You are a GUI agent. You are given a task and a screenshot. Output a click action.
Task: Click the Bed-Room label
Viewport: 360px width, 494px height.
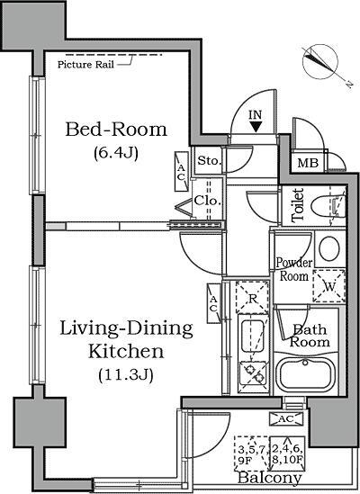click(x=116, y=130)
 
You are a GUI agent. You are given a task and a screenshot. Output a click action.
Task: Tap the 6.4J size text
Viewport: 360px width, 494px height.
click(x=116, y=154)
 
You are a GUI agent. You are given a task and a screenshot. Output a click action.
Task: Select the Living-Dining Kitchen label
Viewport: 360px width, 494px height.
click(x=126, y=339)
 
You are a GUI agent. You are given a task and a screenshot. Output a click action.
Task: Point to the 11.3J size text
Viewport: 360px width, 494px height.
click(x=126, y=375)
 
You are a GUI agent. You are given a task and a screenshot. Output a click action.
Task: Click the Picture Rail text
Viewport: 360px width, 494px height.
click(x=85, y=65)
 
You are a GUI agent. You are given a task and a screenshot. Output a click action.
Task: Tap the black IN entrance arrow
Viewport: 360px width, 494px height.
click(x=256, y=127)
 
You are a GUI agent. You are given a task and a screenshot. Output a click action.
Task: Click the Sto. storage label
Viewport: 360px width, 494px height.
click(x=209, y=161)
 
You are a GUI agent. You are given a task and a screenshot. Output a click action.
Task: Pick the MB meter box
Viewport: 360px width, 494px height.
click(x=308, y=163)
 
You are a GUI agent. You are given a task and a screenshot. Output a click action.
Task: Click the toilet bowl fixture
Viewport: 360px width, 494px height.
click(x=327, y=207)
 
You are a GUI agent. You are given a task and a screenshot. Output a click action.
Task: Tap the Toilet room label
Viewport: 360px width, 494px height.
click(x=298, y=205)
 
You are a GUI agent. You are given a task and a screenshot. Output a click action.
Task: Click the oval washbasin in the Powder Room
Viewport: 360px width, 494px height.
click(x=329, y=248)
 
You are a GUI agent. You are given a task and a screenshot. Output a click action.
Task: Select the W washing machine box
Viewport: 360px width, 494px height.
click(x=329, y=286)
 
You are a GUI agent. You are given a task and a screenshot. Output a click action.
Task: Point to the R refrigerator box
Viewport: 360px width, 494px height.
click(x=252, y=298)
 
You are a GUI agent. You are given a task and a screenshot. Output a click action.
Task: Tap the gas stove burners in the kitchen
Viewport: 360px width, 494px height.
click(x=253, y=373)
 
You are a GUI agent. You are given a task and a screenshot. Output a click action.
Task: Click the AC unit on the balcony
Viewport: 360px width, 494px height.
click(x=286, y=418)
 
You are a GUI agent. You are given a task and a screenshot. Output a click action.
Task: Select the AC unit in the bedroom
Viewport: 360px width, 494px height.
click(x=181, y=171)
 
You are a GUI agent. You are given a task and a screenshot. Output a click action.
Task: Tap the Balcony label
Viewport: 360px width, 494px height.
click(x=269, y=478)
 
